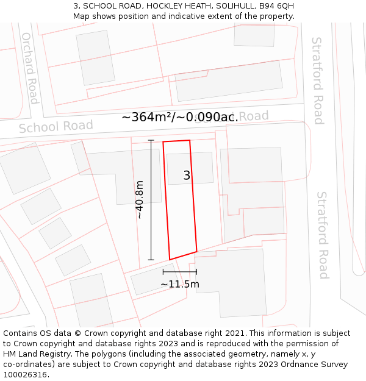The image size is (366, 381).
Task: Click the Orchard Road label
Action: (30, 68)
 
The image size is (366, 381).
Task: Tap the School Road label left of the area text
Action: (56, 126)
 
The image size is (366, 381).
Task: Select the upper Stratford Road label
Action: (317, 80)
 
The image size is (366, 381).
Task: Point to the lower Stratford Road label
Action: (322, 235)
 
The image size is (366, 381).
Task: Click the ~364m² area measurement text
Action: (180, 117)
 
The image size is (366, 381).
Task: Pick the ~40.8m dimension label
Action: (140, 199)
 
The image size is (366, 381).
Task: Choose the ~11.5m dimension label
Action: (180, 284)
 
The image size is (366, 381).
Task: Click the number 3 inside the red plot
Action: (187, 176)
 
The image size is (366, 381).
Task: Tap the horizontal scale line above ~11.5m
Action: (180, 272)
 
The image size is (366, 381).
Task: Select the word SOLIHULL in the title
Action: (229, 5)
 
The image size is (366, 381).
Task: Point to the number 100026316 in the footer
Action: (24, 375)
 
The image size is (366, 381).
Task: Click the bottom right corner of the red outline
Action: (196, 251)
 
